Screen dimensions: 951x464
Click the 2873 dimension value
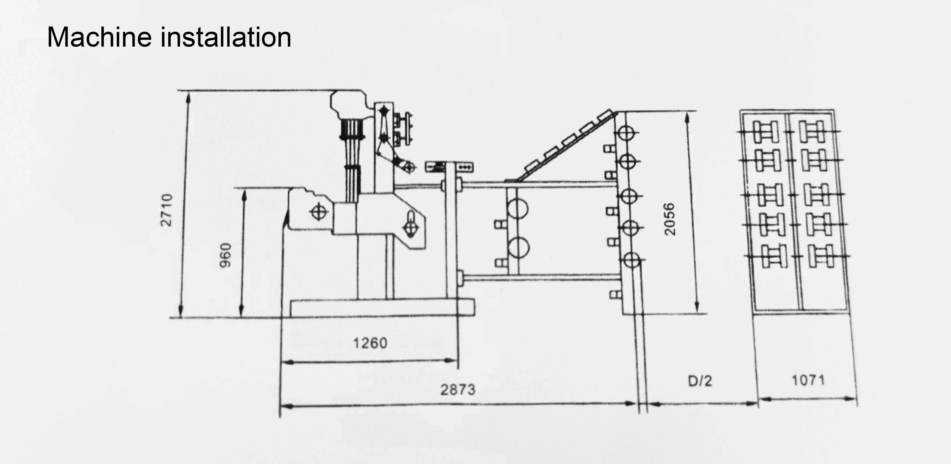click(x=458, y=389)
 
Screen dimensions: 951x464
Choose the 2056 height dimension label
click(x=669, y=219)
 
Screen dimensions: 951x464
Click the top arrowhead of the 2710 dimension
click(x=188, y=97)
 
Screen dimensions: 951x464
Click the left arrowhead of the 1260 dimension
click(x=288, y=362)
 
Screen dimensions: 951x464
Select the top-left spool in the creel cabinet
click(x=766, y=132)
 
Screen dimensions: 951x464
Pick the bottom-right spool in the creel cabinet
click(x=821, y=256)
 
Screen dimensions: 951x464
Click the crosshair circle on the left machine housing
click(x=319, y=212)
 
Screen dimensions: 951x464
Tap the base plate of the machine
click(x=382, y=308)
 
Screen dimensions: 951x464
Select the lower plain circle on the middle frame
click(x=518, y=247)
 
